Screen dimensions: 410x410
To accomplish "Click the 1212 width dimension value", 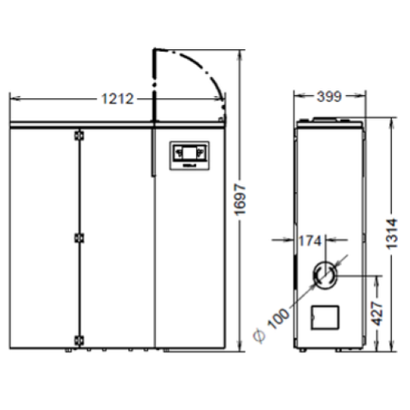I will (118, 99).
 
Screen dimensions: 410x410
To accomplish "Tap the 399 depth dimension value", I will (329, 97).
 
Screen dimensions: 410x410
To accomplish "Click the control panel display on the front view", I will (189, 153).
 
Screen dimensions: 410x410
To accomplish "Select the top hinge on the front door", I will (78, 134).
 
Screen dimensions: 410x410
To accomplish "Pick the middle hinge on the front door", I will (78, 238).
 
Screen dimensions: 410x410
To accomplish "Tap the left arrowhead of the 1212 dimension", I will (11, 98).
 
